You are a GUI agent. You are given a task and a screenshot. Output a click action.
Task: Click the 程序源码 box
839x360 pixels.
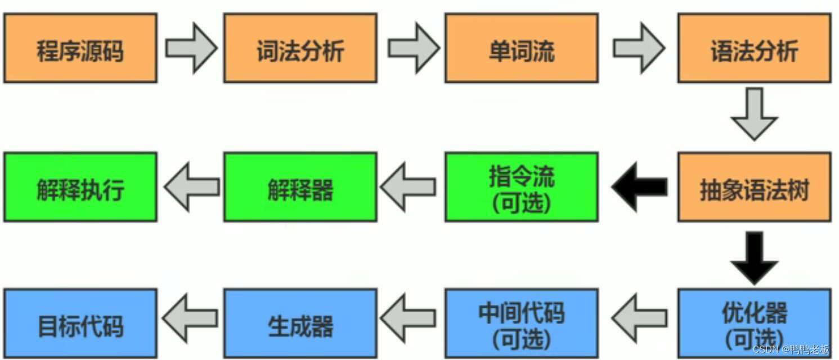pos(80,48)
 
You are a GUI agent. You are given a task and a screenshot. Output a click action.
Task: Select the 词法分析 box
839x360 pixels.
pos(300,48)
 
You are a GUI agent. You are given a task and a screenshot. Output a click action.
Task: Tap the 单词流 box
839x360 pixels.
pos(521,48)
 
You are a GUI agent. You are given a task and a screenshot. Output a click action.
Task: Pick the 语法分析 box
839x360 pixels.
pos(753,48)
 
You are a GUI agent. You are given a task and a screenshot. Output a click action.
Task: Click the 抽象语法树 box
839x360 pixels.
pos(753,187)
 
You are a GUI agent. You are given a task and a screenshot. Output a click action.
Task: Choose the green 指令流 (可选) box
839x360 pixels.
pos(521,187)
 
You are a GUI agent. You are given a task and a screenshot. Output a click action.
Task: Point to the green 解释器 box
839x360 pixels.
pos(300,187)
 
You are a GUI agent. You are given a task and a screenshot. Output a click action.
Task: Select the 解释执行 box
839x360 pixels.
pos(80,187)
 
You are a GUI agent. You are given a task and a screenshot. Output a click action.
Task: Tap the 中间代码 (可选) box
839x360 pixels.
pos(521,323)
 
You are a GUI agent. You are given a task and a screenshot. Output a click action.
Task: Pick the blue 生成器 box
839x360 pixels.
pos(300,323)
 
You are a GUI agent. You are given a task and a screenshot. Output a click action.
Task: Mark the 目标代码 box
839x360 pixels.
pos(80,323)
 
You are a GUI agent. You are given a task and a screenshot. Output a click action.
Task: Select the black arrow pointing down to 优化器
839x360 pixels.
pos(754,258)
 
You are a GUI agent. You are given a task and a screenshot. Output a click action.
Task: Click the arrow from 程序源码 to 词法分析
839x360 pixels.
pos(191,48)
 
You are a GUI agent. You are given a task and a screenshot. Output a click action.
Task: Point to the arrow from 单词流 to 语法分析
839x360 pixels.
pos(639,48)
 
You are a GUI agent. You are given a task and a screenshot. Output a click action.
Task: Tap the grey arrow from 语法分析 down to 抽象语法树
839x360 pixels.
pos(754,115)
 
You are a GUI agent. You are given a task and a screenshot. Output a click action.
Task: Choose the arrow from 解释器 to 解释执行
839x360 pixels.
pos(191,187)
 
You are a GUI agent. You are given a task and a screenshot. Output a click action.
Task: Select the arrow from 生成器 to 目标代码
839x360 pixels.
pos(191,319)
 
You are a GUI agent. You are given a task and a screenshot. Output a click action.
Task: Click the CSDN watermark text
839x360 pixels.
pos(791,349)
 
